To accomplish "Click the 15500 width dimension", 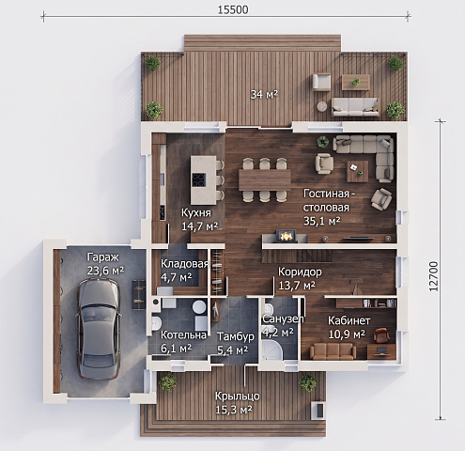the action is (233, 9).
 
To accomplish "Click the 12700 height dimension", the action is (434, 277).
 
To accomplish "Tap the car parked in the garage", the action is (99, 328).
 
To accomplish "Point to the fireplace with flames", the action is (286, 236).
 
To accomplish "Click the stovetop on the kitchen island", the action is (199, 180).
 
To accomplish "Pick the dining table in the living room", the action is (265, 179).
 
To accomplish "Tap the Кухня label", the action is (196, 213).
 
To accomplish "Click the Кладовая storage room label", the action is (184, 264).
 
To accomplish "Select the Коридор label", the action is (300, 272).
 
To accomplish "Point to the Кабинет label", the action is (349, 320).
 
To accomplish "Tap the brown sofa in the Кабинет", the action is (333, 350).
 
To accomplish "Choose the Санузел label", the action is (283, 319).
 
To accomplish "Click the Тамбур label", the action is (236, 337).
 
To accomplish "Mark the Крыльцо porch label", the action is (237, 397).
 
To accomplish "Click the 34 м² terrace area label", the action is (264, 94).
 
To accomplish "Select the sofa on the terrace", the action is (355, 107).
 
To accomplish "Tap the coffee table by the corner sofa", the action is (358, 171).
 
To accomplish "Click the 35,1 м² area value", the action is (322, 221).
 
